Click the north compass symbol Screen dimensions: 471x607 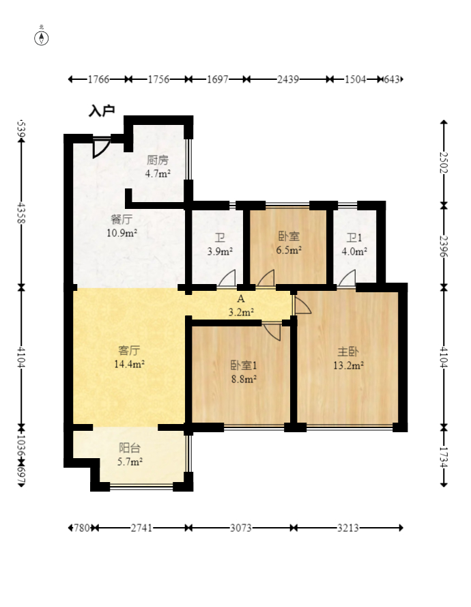[x=42, y=38]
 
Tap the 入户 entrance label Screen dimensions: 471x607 [x=102, y=111]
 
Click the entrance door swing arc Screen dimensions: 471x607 [x=102, y=147]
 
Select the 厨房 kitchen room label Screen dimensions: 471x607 [x=158, y=160]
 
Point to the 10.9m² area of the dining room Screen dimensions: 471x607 [x=122, y=233]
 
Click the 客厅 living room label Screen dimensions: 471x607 [x=129, y=350]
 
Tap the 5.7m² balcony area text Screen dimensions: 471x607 [x=130, y=462]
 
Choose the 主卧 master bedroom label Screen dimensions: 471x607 [x=348, y=352]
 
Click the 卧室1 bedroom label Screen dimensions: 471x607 [x=244, y=365]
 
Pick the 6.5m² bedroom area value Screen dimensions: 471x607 [x=289, y=250]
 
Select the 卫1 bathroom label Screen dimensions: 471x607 [x=354, y=238]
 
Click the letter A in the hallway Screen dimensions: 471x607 [x=241, y=299]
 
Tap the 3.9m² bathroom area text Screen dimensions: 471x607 [x=220, y=252]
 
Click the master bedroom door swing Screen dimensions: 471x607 [x=303, y=305]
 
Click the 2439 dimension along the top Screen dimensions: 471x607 [x=288, y=79]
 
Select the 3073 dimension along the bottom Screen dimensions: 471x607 [x=241, y=528]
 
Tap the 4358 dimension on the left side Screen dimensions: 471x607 [x=21, y=213]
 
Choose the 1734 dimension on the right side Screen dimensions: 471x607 [x=444, y=457]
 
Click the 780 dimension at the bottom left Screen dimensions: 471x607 [x=82, y=528]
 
